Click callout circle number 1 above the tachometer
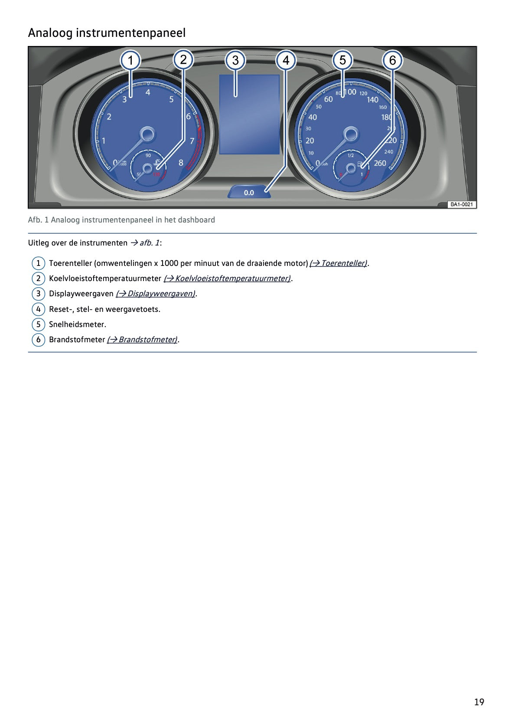(x=130, y=60)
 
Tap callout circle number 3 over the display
(x=235, y=60)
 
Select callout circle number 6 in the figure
(x=392, y=60)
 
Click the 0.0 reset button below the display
(x=249, y=192)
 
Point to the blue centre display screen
(x=249, y=115)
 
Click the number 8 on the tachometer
(x=181, y=163)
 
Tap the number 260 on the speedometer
(x=380, y=163)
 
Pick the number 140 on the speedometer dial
(x=372, y=100)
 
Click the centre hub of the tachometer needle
(x=147, y=134)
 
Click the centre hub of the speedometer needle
(x=351, y=134)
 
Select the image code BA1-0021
(x=462, y=204)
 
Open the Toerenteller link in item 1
(x=339, y=263)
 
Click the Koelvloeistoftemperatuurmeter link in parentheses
(x=227, y=278)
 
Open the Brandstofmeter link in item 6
(x=143, y=340)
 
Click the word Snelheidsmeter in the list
(x=77, y=324)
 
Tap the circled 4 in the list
(x=38, y=309)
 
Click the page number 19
(x=479, y=702)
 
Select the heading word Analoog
(x=50, y=33)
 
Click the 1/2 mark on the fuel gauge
(x=351, y=155)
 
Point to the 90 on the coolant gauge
(x=148, y=155)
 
